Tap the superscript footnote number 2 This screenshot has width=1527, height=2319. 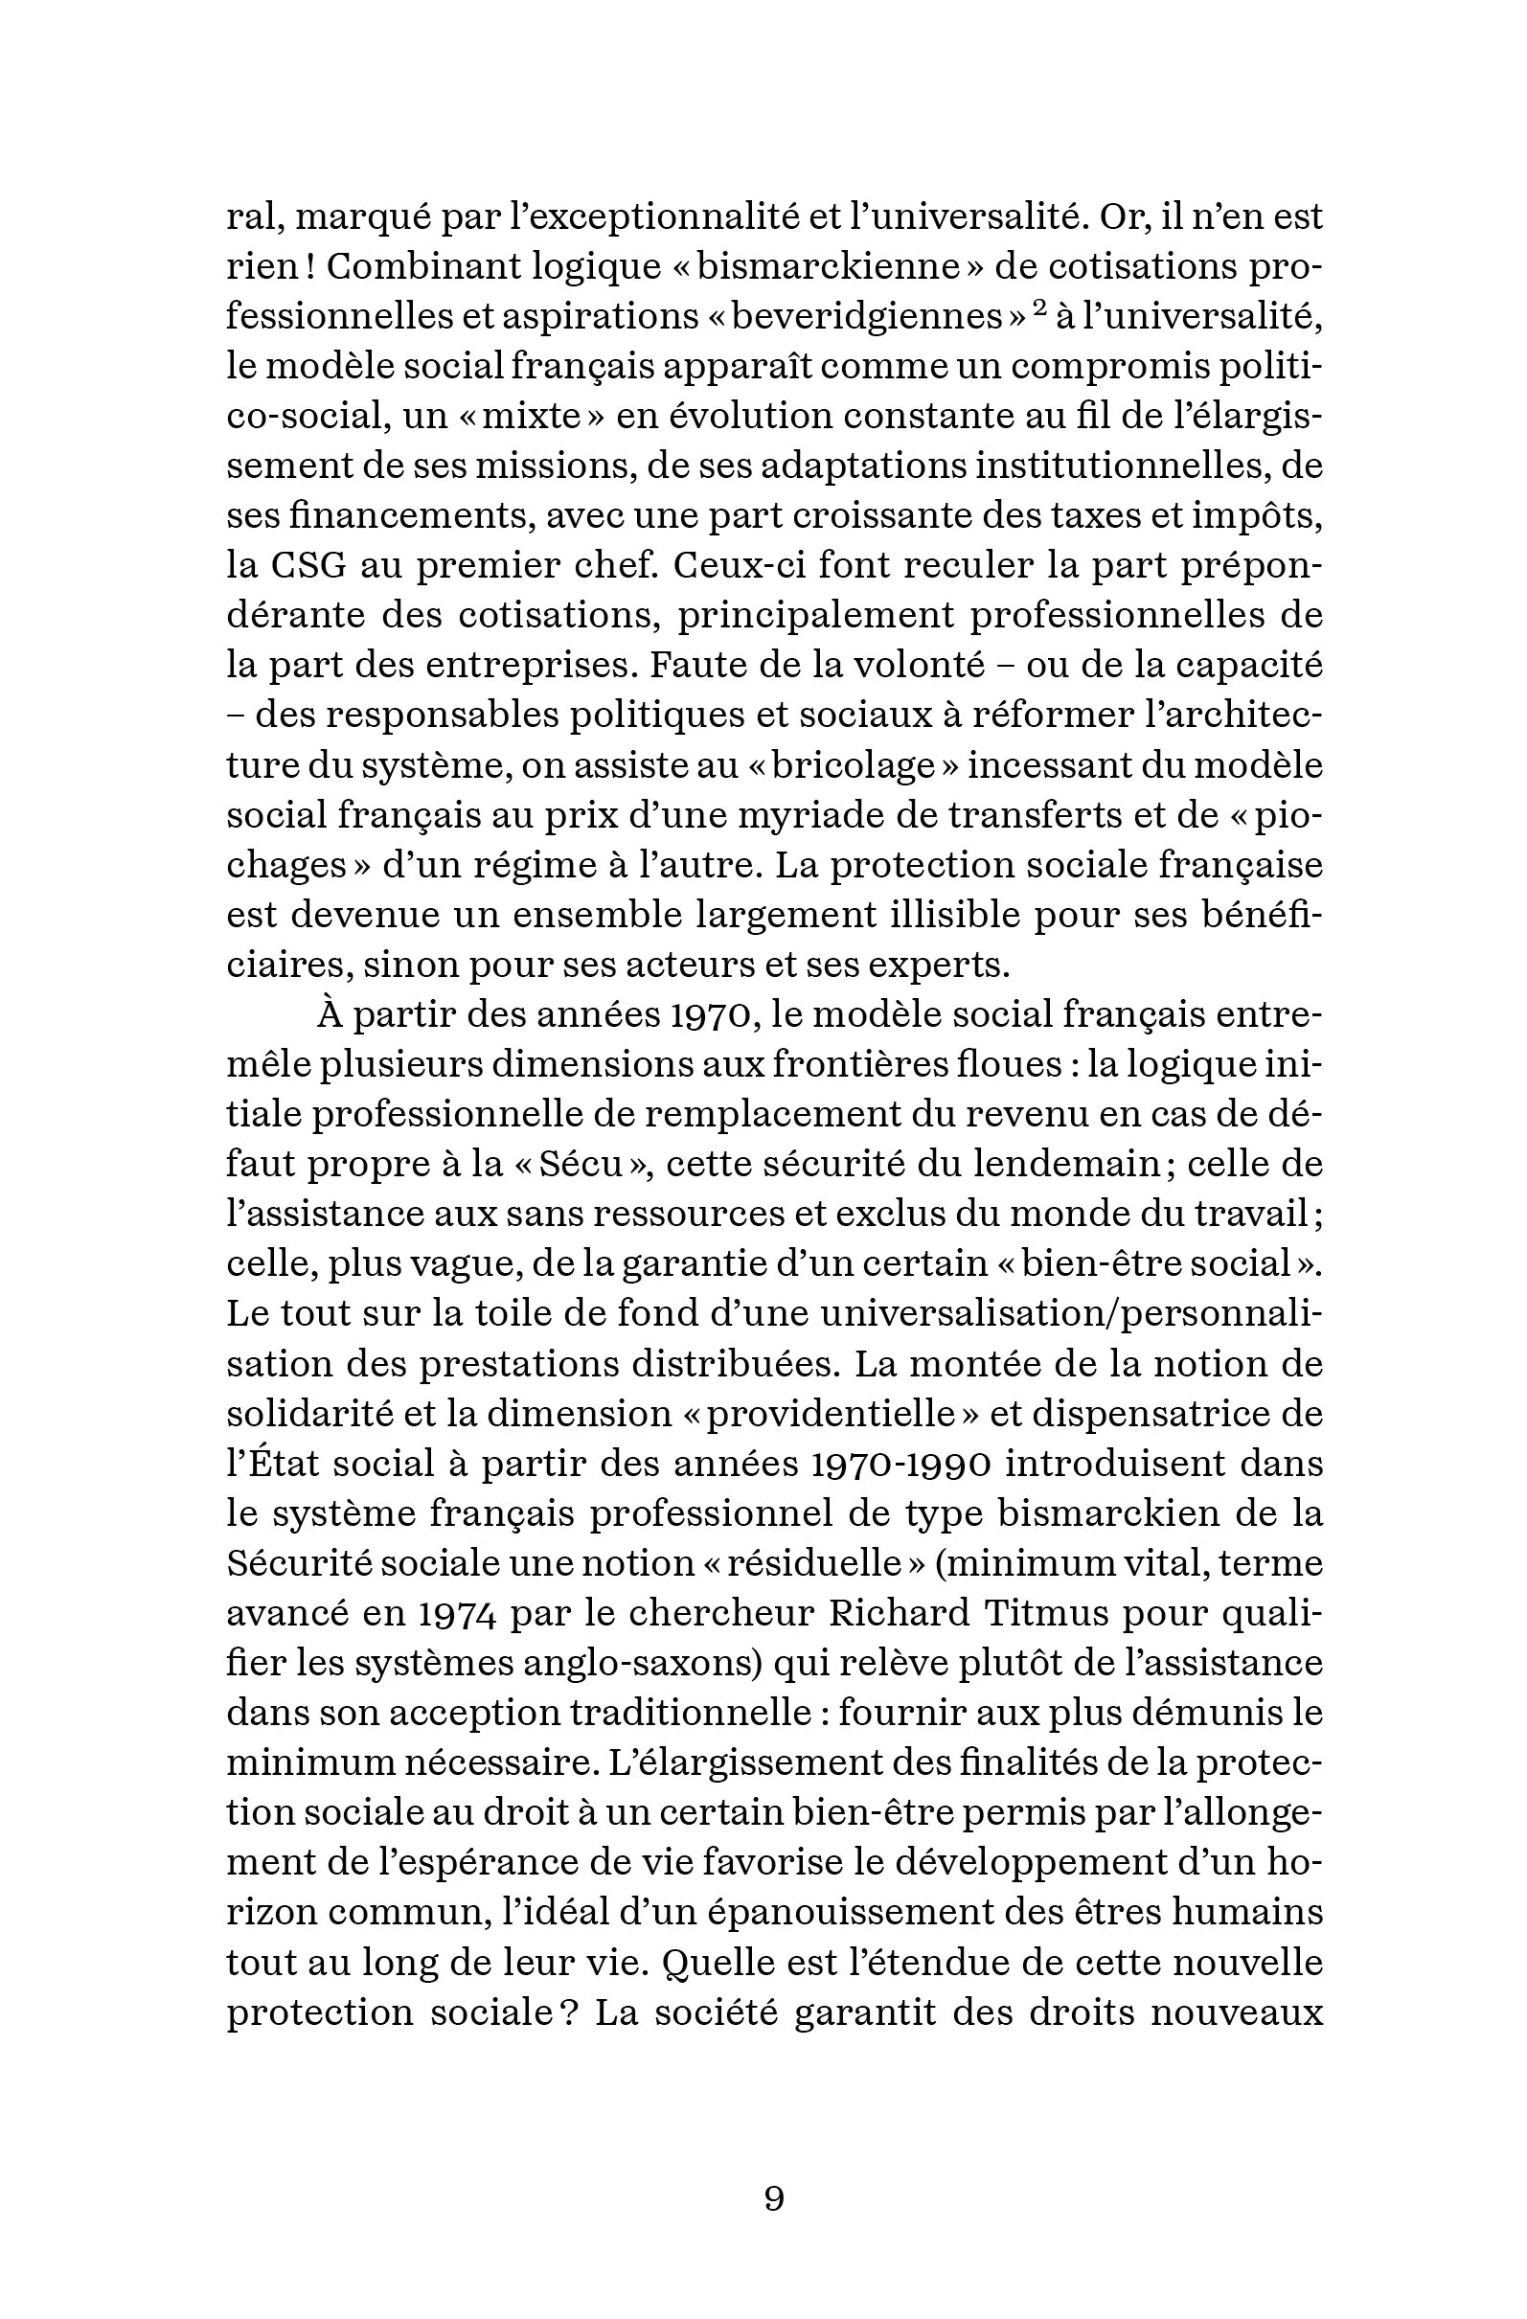pyautogui.click(x=1038, y=308)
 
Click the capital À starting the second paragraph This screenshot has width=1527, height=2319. pyautogui.click(x=331, y=1014)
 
